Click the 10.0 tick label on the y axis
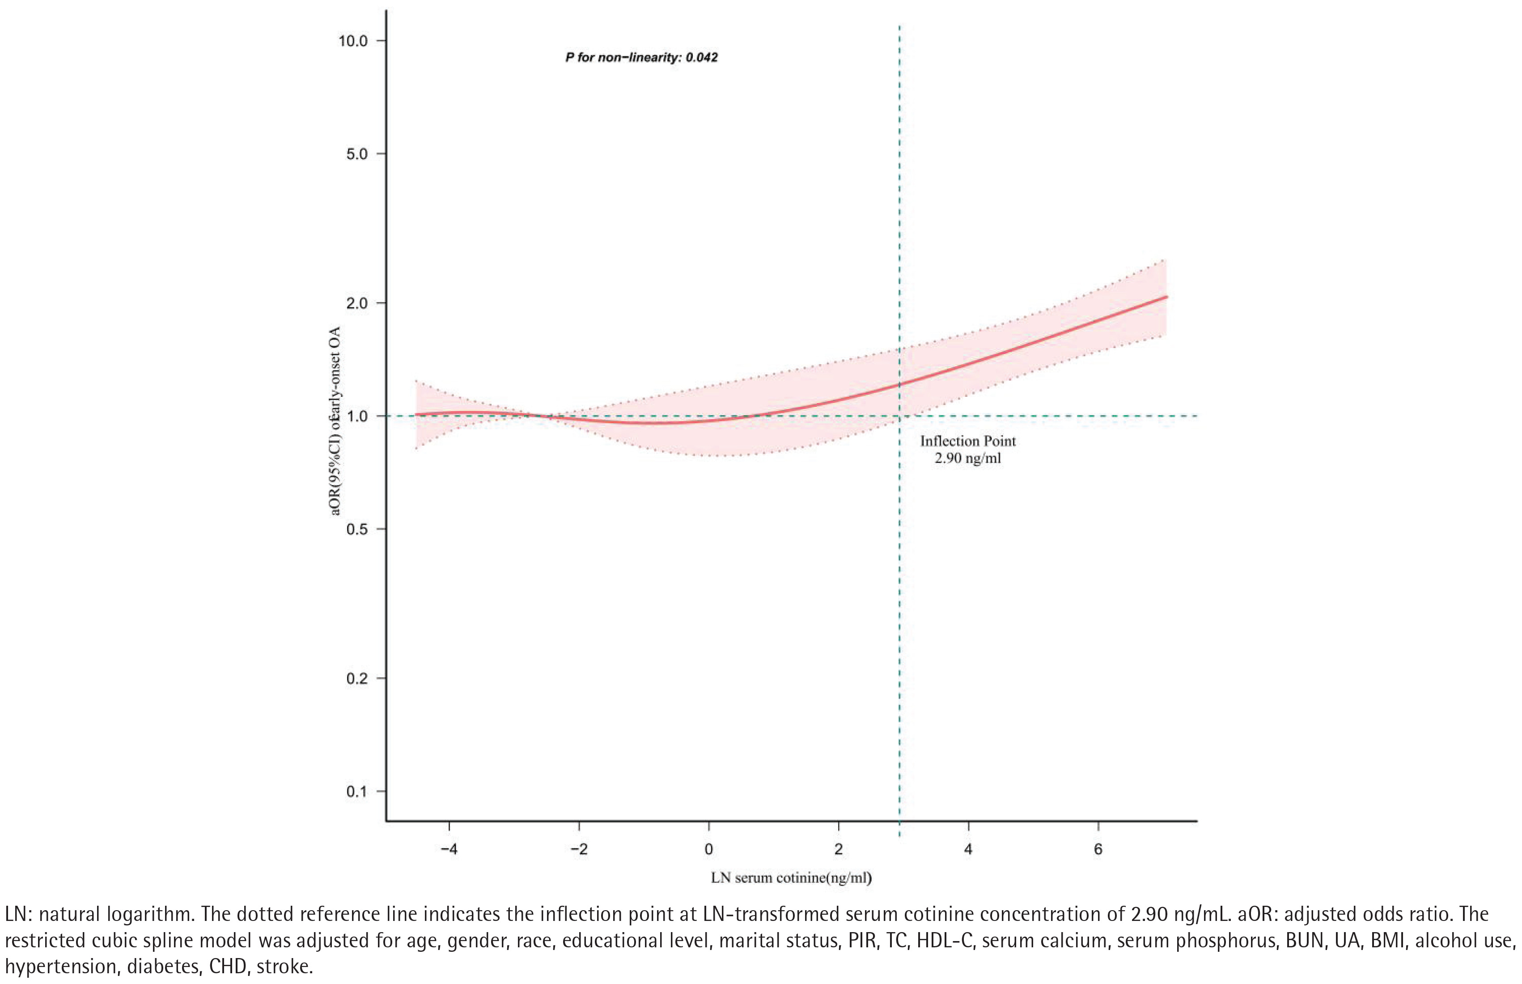(353, 41)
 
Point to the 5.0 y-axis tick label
(356, 154)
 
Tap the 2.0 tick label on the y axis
(356, 303)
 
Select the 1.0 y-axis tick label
(356, 416)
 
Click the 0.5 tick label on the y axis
(356, 529)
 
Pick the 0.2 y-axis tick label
(356, 678)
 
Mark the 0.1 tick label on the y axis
(356, 792)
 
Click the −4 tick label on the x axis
(449, 850)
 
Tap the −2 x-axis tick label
(578, 850)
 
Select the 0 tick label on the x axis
(708, 850)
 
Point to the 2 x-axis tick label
(838, 850)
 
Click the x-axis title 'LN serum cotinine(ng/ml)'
(791, 878)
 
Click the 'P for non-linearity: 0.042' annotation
(641, 58)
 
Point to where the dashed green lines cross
(900, 416)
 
